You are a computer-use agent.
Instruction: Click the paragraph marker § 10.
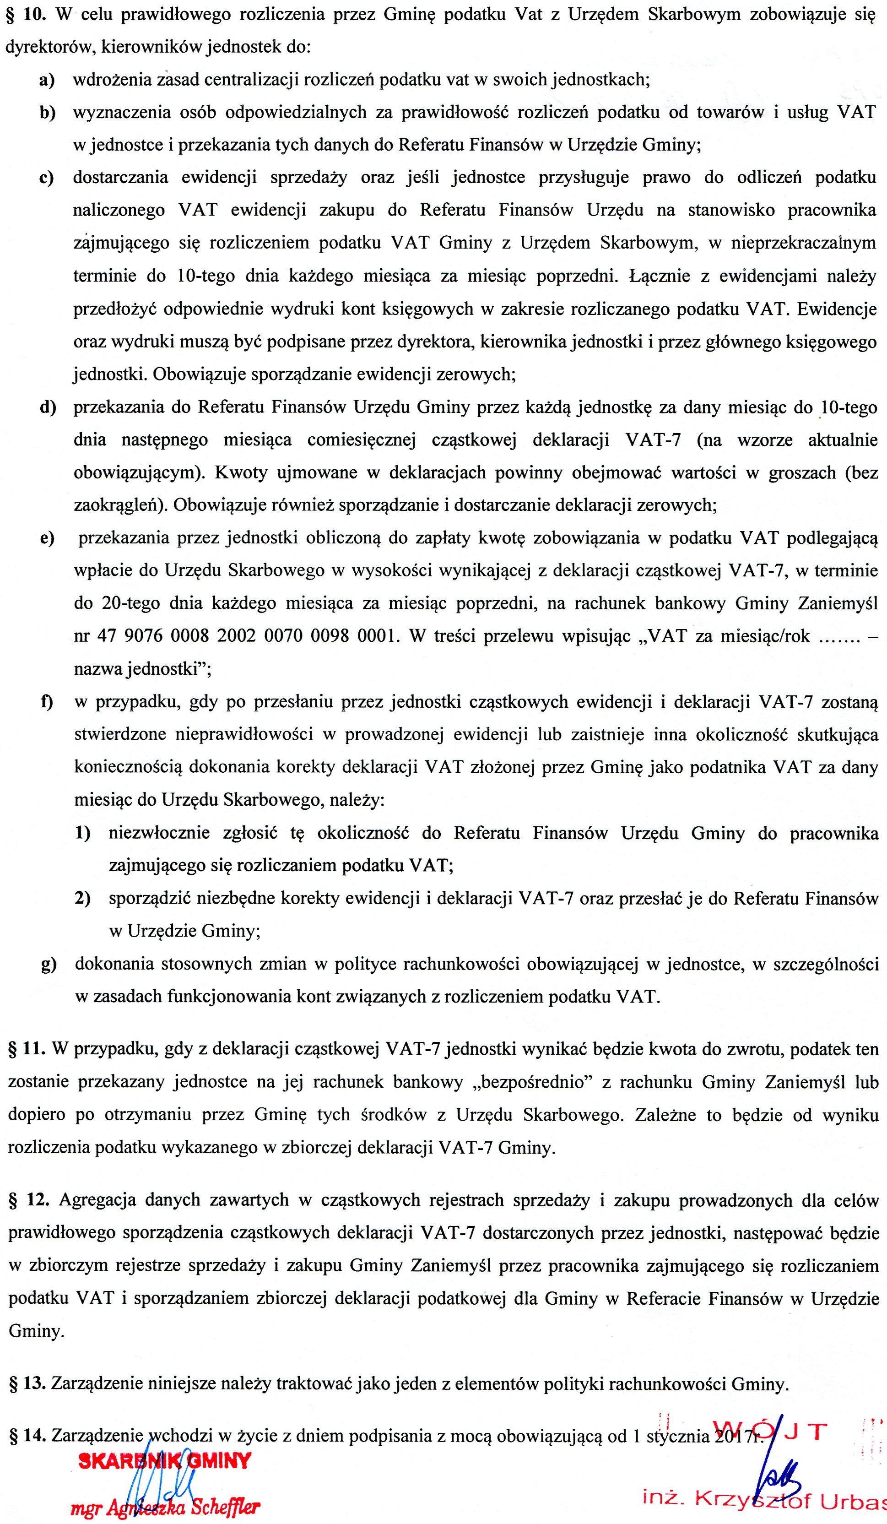pos(27,15)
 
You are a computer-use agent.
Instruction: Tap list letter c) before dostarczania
pos(47,178)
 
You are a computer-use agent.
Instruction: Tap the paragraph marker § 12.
pos(28,1199)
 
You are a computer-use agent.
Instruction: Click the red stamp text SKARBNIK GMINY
pos(164,1460)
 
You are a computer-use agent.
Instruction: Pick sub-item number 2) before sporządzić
pos(83,899)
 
